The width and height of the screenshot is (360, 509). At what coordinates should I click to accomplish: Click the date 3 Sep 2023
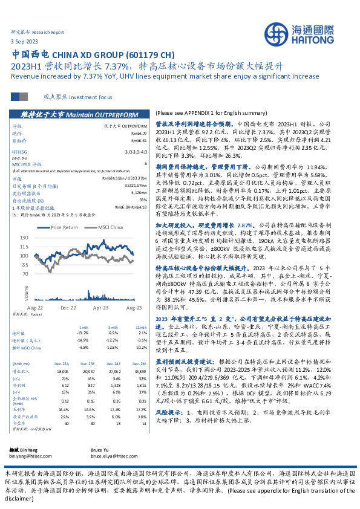(x=24, y=41)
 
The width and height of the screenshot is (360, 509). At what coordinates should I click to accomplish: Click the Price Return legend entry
(x=64, y=228)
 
